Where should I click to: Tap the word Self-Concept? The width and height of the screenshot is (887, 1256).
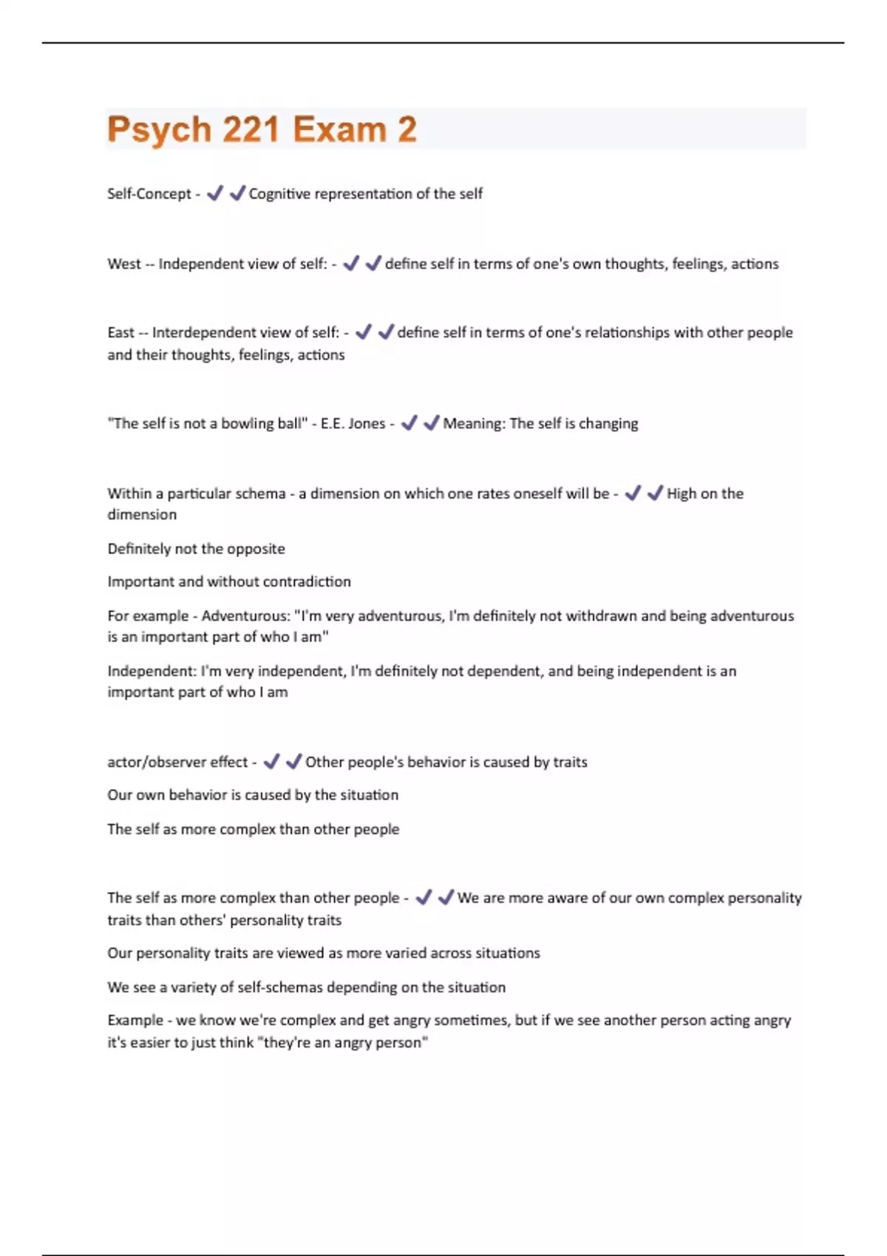coord(149,194)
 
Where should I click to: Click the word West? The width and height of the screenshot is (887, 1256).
coord(123,264)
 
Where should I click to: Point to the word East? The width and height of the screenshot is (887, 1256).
coord(120,332)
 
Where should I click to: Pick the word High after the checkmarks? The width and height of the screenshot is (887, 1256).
coord(682,494)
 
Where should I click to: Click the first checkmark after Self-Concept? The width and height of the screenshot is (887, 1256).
coord(214,194)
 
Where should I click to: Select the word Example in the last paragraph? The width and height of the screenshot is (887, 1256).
coord(134,1020)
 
